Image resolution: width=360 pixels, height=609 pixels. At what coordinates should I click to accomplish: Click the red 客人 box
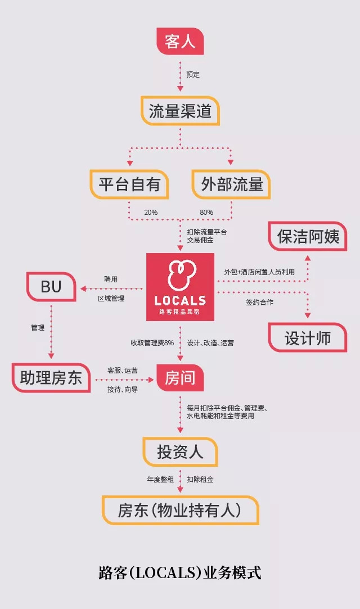(180, 41)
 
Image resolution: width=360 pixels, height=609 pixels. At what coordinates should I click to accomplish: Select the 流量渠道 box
(180, 111)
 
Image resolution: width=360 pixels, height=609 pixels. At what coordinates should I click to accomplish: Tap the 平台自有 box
(129, 184)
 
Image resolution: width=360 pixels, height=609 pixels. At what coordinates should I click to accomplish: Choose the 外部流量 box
(231, 184)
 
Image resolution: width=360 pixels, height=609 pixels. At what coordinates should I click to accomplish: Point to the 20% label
(151, 213)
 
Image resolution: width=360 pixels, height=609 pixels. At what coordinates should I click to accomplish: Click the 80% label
(206, 213)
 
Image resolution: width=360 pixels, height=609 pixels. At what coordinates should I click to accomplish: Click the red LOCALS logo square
(180, 287)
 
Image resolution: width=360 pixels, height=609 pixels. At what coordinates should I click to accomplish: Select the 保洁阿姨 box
(308, 237)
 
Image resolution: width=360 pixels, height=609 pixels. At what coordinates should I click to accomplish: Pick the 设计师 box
(308, 338)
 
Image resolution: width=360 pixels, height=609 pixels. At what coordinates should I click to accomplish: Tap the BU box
(51, 287)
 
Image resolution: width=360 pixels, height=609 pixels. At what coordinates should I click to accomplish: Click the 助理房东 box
(51, 377)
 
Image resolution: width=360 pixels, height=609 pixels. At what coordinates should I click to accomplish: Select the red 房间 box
(180, 377)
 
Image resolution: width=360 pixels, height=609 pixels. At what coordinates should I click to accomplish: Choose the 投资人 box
(180, 452)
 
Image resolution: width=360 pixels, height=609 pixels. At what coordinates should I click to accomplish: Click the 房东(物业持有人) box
(180, 511)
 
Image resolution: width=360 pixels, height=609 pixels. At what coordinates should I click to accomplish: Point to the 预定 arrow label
(193, 74)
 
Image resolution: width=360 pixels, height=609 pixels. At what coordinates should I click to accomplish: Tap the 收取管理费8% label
(152, 342)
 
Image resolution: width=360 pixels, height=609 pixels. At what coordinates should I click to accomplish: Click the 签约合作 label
(259, 302)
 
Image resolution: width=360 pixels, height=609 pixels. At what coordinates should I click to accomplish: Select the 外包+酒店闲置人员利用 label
(259, 272)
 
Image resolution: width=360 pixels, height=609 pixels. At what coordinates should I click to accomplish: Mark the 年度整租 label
(160, 479)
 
